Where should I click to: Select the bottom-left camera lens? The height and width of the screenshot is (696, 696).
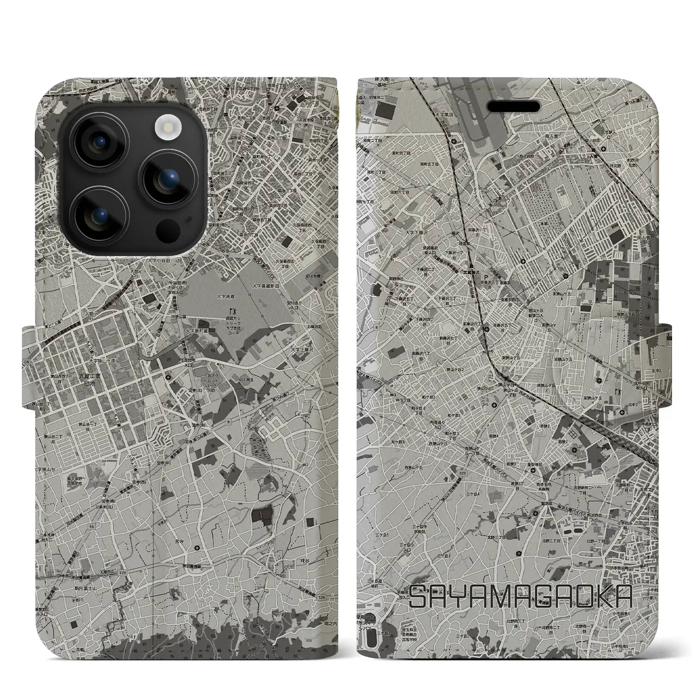(100, 215)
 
